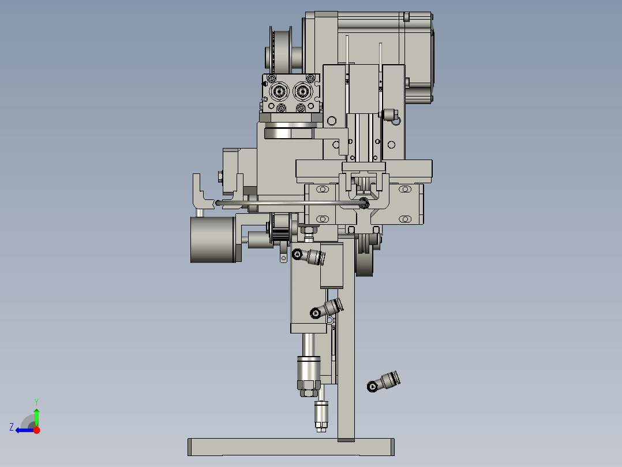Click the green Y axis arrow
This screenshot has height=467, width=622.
[36, 415]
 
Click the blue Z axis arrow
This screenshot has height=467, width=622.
[23, 430]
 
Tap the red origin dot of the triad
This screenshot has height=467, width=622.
[36, 430]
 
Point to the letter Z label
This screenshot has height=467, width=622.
[12, 427]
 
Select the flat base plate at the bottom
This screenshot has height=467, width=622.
[291, 447]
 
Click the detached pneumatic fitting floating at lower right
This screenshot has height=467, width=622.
[383, 381]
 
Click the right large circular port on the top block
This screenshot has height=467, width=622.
[302, 91]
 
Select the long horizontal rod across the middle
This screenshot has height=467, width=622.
[288, 202]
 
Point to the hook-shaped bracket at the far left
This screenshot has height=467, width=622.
[199, 194]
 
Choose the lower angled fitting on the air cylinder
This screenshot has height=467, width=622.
[327, 309]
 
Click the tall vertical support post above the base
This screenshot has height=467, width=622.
[346, 347]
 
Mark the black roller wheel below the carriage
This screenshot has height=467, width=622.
[365, 263]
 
